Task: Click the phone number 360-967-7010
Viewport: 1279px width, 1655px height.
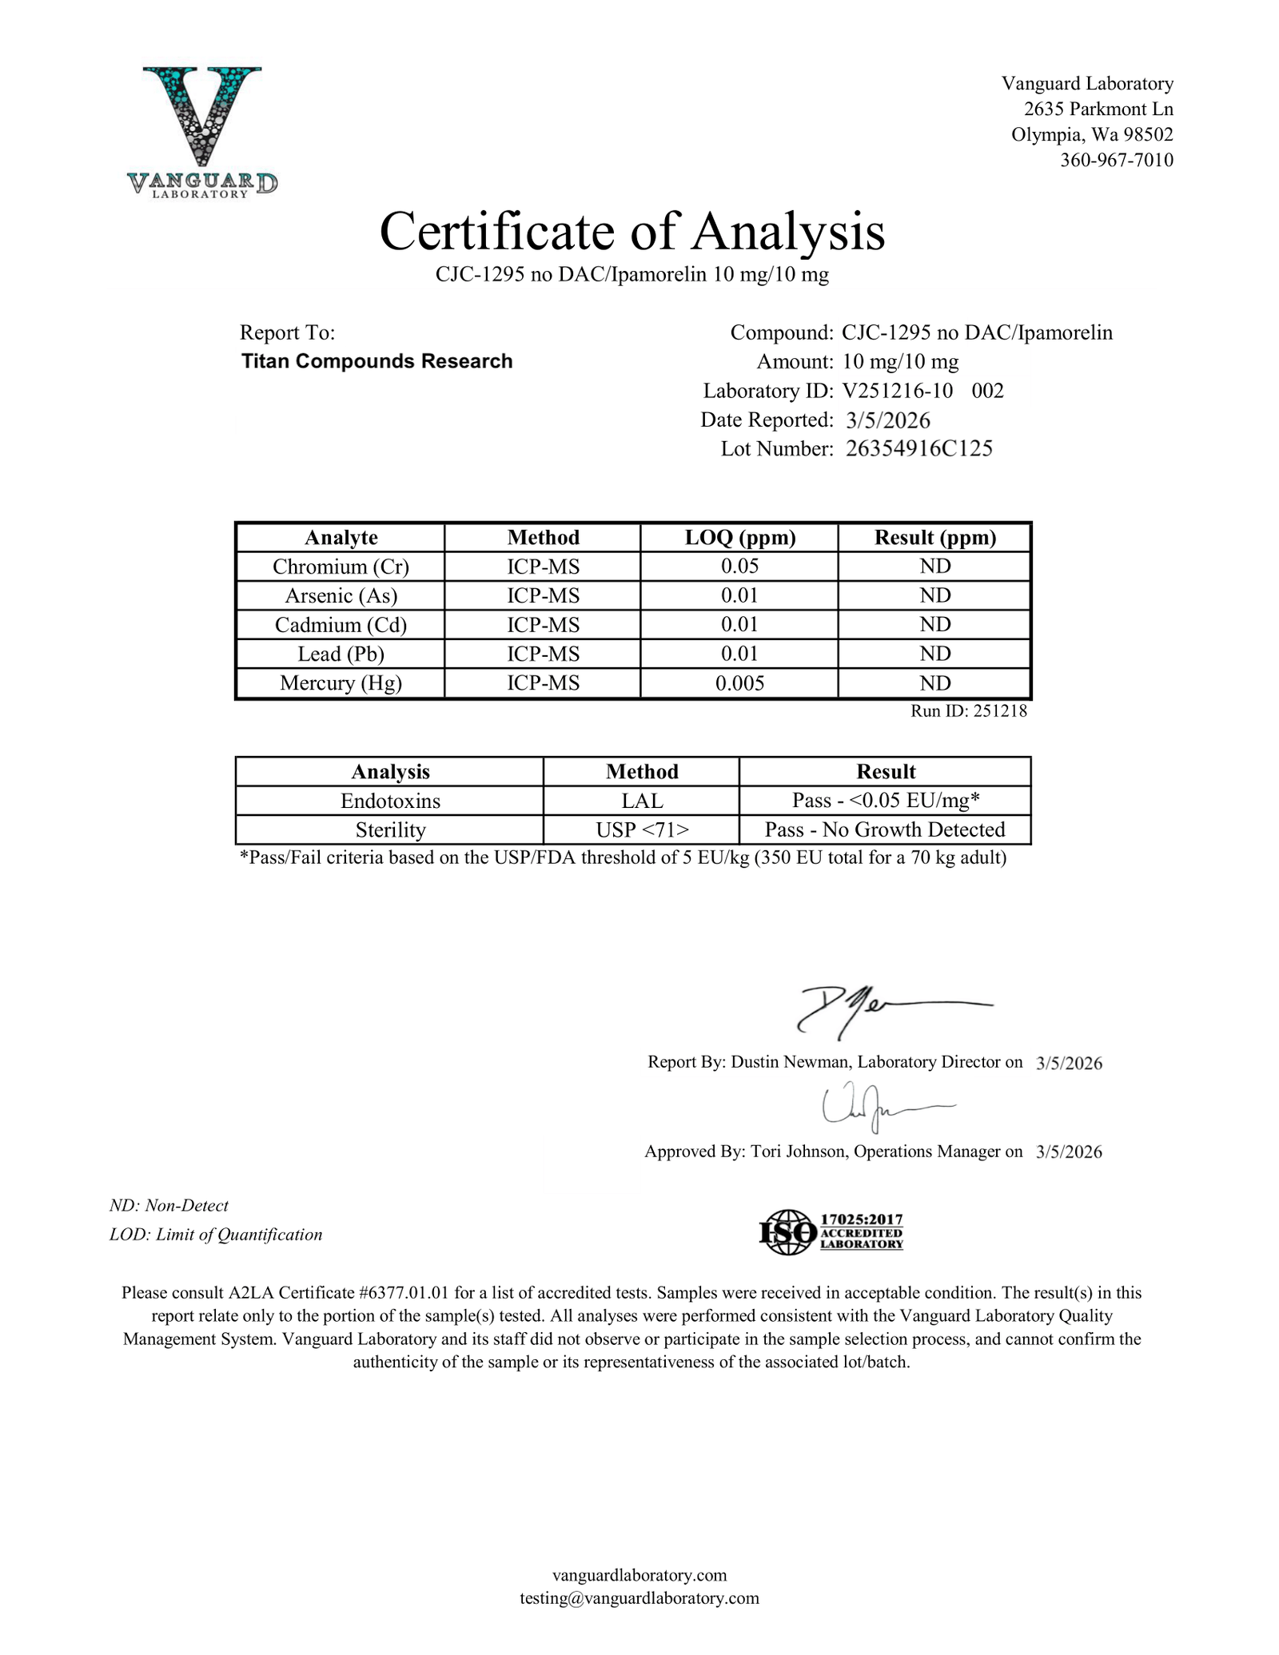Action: coord(1116,160)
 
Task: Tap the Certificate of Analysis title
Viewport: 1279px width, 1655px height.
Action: coord(632,232)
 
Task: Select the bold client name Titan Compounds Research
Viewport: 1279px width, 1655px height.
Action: coord(377,361)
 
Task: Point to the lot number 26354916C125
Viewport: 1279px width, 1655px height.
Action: coord(918,448)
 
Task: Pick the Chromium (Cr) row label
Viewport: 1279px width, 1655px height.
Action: coord(341,567)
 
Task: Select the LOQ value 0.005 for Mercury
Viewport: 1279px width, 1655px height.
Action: coord(739,683)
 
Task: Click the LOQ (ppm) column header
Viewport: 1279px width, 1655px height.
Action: coord(739,538)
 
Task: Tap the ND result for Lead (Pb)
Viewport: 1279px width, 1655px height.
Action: coord(934,654)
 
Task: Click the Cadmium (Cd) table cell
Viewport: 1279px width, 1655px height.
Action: coord(341,625)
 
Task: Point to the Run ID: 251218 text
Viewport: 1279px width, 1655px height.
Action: coord(968,710)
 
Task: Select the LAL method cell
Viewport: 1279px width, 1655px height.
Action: coord(641,801)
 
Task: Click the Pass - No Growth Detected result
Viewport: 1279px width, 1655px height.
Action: coord(884,829)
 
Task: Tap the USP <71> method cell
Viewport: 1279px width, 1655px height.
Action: coord(641,829)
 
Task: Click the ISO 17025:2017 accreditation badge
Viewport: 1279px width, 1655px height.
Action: coord(831,1231)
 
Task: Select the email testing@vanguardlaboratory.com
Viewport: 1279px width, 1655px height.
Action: coord(639,1597)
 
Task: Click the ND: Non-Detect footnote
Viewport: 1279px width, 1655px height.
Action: coord(169,1205)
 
